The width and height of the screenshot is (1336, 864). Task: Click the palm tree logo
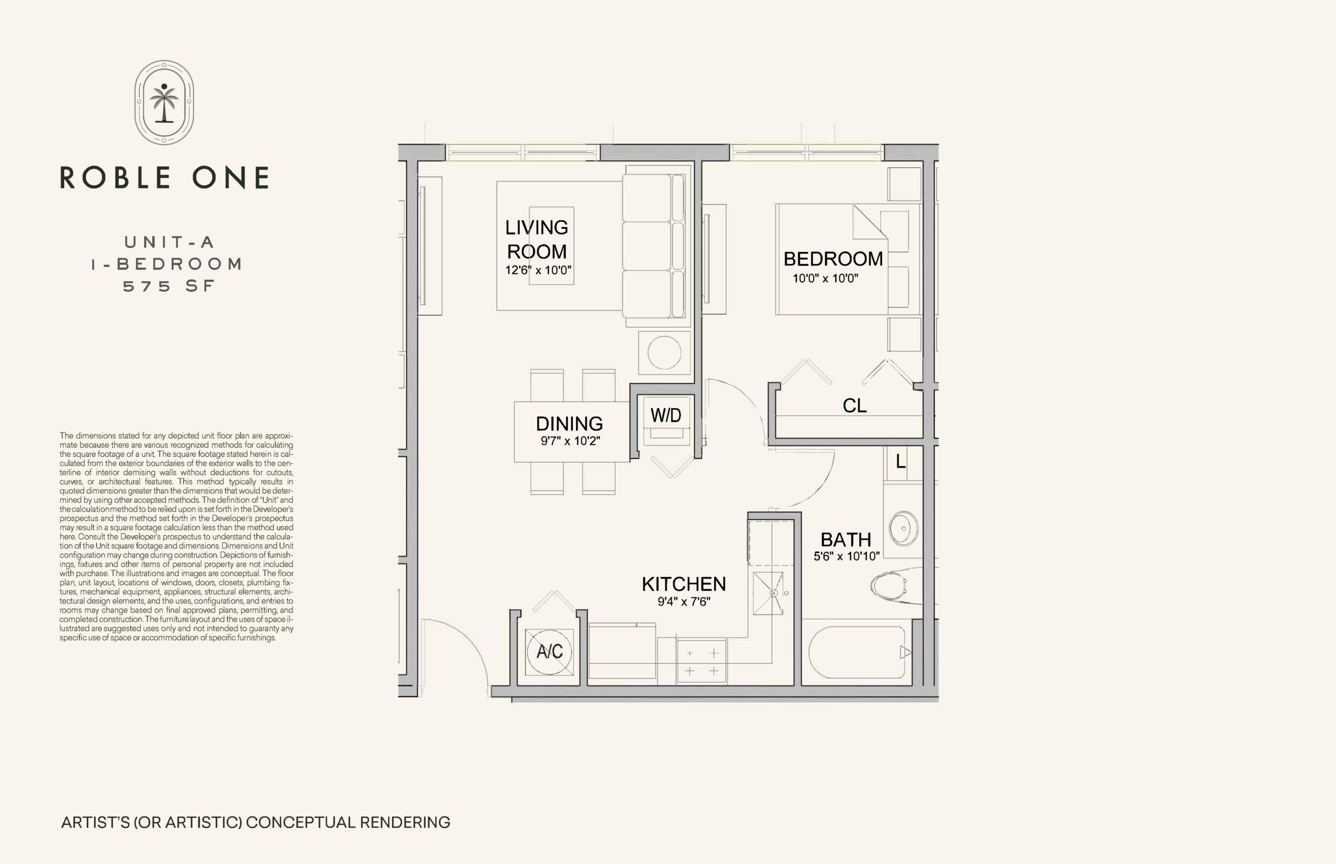[x=164, y=102]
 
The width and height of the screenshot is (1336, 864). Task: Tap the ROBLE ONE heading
[x=164, y=177]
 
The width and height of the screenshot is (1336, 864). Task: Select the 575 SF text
[x=169, y=286]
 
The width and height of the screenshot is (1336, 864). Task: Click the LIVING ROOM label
[x=537, y=239]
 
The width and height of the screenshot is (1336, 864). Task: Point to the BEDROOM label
[x=833, y=258]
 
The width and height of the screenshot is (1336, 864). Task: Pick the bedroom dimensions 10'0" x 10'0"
[x=825, y=278]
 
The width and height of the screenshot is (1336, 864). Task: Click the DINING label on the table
[x=569, y=423]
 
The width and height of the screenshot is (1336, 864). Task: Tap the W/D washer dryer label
[x=666, y=415]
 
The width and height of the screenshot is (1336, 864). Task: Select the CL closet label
[x=854, y=405]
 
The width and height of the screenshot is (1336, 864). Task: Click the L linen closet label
[x=900, y=461]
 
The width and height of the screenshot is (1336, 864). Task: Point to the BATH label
[x=846, y=539]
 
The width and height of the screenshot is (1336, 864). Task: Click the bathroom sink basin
[x=903, y=528]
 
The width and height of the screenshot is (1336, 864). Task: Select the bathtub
[x=856, y=653]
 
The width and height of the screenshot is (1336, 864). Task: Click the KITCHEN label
[x=684, y=584]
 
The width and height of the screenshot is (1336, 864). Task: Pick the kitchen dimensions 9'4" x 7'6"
[x=684, y=602]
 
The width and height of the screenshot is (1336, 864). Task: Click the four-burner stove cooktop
[x=701, y=661]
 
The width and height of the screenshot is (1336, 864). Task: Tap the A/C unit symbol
[x=549, y=652]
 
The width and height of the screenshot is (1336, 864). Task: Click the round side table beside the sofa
[x=664, y=352]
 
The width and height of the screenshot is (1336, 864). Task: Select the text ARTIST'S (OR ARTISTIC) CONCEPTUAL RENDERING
[x=256, y=822]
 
